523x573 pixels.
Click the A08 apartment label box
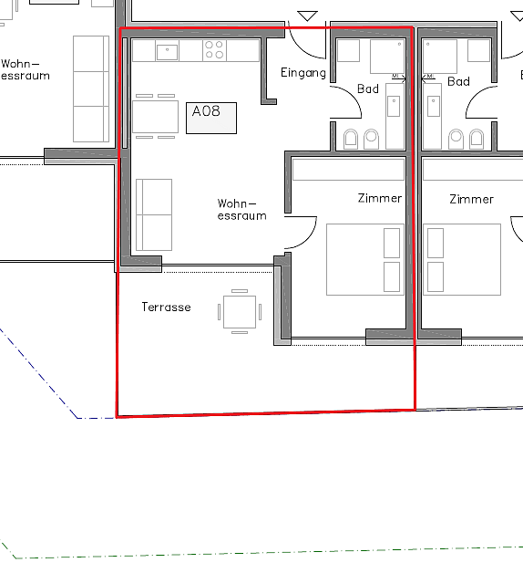point(211,118)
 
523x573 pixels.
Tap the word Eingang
point(303,73)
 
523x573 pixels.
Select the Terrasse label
point(166,307)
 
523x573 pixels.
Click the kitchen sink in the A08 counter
point(167,51)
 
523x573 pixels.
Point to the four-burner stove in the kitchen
point(214,50)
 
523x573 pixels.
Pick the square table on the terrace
point(240,312)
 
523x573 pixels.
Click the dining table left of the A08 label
point(156,117)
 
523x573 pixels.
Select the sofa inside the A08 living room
point(154,215)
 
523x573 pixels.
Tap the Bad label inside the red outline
point(368,89)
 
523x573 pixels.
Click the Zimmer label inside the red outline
point(380,198)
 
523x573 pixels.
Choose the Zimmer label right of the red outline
point(471,200)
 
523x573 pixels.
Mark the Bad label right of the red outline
point(458,81)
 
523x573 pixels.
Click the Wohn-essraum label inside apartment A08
point(241,210)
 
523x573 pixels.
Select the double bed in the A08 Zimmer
point(365,259)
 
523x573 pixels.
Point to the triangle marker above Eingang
point(307,16)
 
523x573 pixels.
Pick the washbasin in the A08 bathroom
point(394,106)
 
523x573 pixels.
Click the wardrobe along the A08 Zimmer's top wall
point(348,169)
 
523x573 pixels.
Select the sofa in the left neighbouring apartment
point(91,89)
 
